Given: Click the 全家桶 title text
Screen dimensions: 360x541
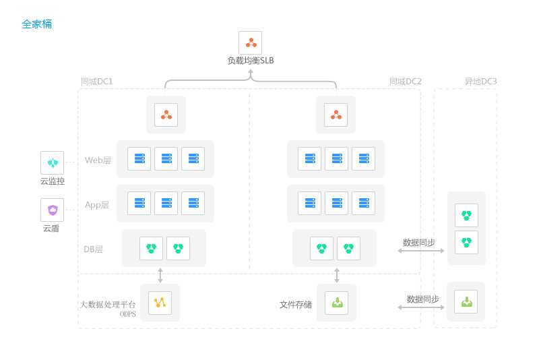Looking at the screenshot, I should (x=36, y=24).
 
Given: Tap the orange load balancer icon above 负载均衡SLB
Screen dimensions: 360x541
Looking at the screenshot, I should (x=251, y=43).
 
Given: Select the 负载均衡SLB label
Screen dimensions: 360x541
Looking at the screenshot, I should (x=251, y=61).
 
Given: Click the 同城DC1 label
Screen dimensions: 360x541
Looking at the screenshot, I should (x=97, y=82).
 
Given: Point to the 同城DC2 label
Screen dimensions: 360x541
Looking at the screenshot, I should (x=406, y=82).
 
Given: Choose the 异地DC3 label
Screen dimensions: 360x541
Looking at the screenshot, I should (x=480, y=82).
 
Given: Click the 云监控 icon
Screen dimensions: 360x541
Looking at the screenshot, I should (x=53, y=162).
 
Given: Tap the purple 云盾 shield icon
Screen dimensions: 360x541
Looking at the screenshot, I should (x=53, y=210).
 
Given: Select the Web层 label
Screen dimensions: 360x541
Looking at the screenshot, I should (x=98, y=160).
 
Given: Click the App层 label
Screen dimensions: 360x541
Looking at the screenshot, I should (x=97, y=205).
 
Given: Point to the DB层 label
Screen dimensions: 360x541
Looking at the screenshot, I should (x=94, y=249).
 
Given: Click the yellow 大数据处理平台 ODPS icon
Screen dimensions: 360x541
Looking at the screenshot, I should (x=160, y=303).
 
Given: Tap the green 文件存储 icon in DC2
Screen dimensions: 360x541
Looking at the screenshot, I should (x=337, y=303).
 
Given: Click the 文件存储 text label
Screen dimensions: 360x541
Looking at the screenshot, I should (x=296, y=305).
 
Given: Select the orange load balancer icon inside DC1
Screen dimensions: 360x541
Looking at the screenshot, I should (x=166, y=115).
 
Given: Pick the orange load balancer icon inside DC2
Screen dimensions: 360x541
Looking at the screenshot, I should (x=336, y=115).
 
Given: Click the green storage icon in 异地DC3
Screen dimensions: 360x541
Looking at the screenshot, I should (x=467, y=301).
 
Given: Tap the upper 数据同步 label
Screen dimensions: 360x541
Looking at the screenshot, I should (x=419, y=242).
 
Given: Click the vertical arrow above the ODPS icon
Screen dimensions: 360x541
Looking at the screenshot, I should (x=160, y=275).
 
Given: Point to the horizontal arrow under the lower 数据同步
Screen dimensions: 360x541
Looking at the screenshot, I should (x=422, y=307).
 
